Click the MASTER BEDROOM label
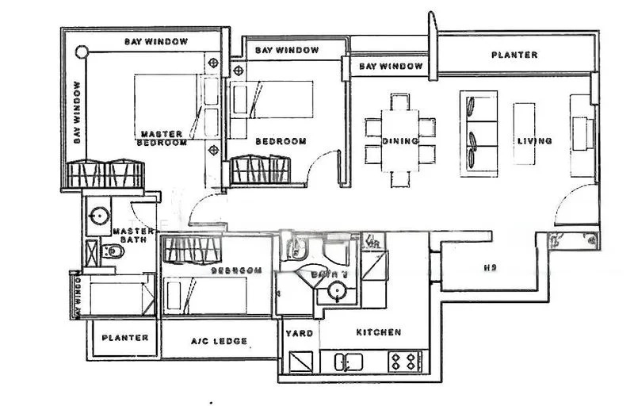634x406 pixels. pyautogui.click(x=162, y=138)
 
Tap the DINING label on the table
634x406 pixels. pyautogui.click(x=400, y=141)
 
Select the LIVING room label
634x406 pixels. pyautogui.click(x=534, y=141)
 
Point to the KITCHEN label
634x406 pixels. pyautogui.click(x=378, y=332)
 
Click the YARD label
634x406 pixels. pyautogui.click(x=300, y=333)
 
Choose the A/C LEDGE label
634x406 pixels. pyautogui.click(x=219, y=341)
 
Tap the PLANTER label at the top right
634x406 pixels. pyautogui.click(x=514, y=55)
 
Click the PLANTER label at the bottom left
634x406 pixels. pyautogui.click(x=125, y=337)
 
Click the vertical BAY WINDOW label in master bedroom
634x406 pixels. pyautogui.click(x=77, y=112)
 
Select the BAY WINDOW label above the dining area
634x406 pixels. pyautogui.click(x=390, y=67)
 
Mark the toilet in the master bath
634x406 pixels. pyautogui.click(x=114, y=253)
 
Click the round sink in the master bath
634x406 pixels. pyautogui.click(x=99, y=214)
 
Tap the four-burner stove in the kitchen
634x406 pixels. pyautogui.click(x=404, y=362)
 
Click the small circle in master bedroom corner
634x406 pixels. pyautogui.click(x=81, y=52)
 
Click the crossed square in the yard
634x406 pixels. pyautogui.click(x=300, y=362)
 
